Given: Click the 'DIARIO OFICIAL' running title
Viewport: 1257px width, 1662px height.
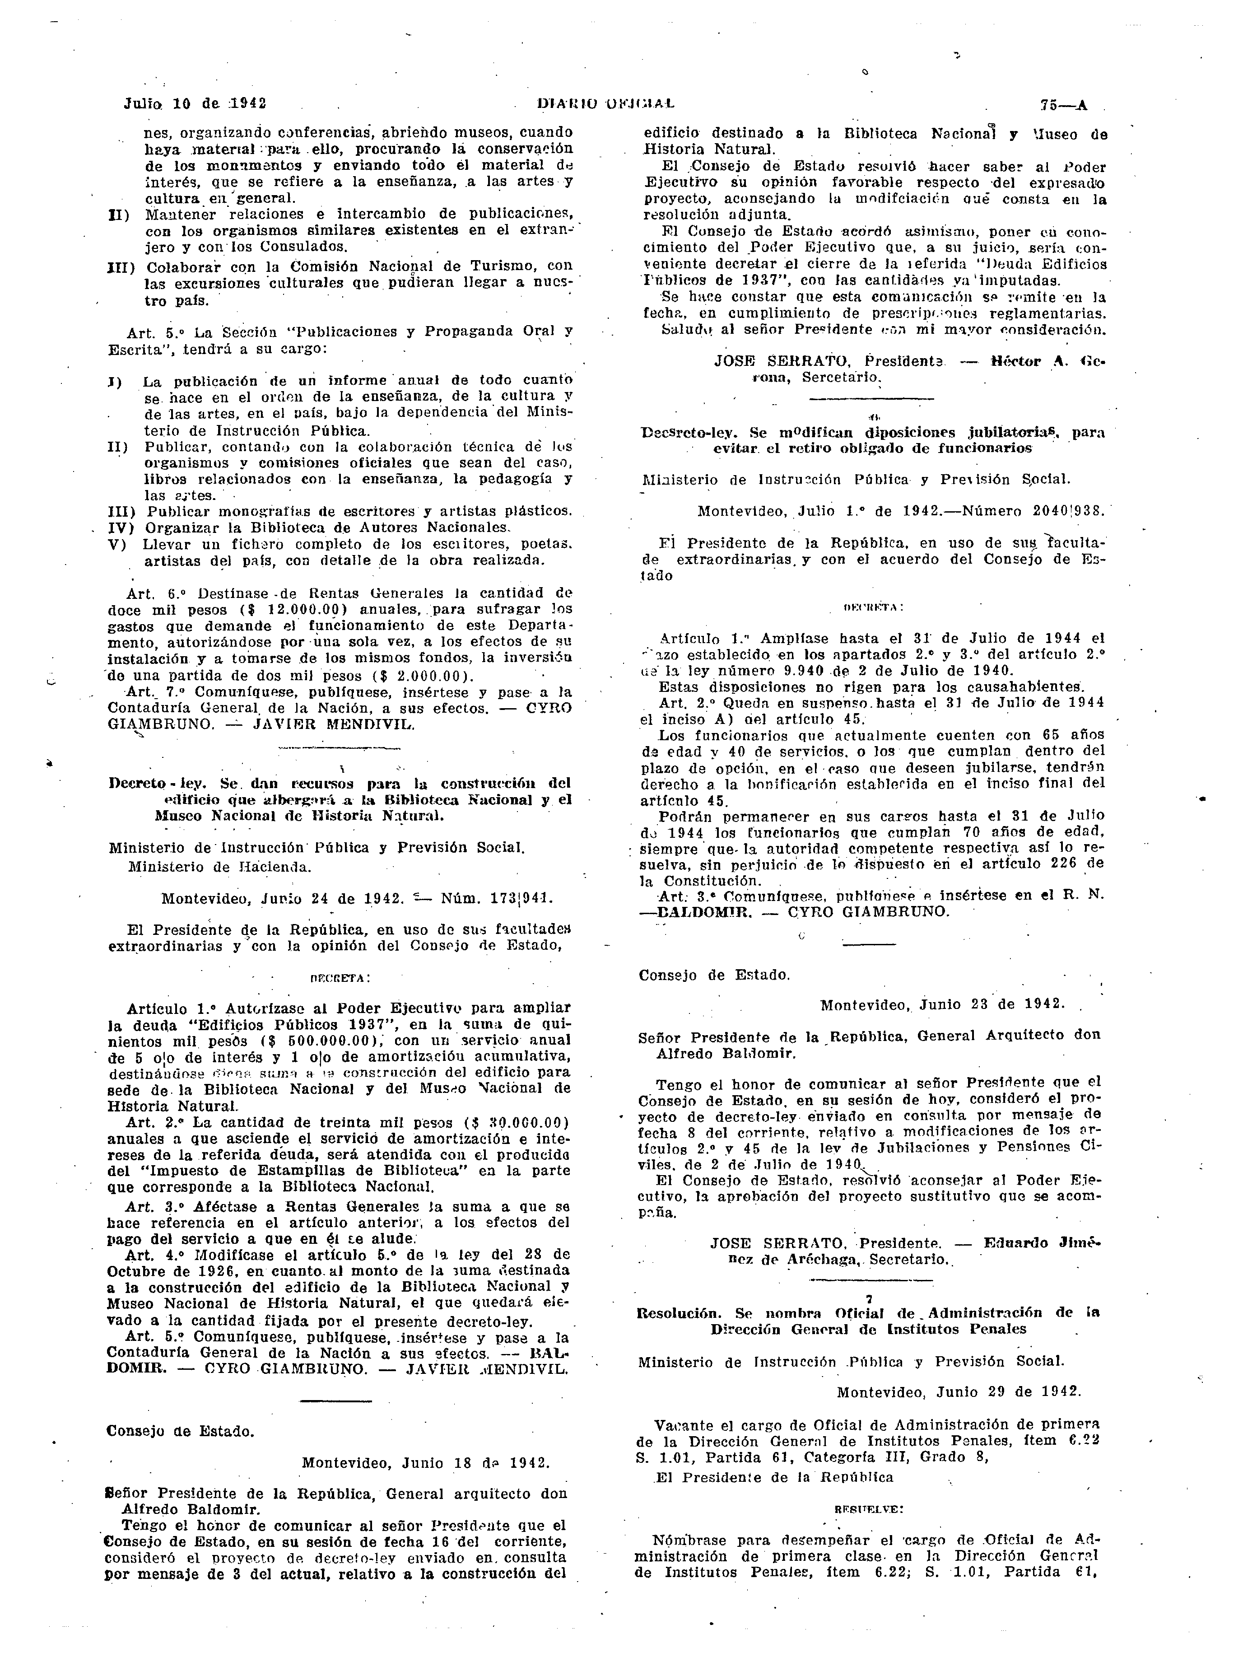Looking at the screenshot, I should pyautogui.click(x=605, y=103).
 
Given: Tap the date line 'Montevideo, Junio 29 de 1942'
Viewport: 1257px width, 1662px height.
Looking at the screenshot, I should pyautogui.click(x=959, y=1391).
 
